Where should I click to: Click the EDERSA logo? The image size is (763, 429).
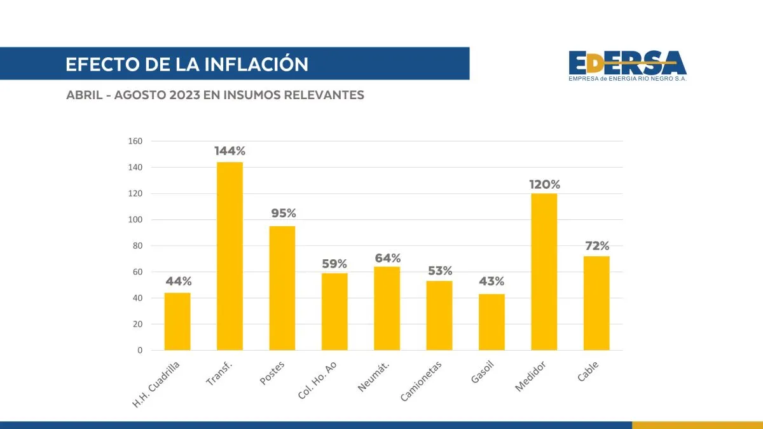(x=628, y=65)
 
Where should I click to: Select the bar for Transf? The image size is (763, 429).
(x=230, y=256)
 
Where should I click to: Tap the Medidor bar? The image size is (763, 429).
(x=544, y=271)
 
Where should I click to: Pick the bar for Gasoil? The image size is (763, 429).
(x=491, y=322)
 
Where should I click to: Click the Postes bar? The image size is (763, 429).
(x=282, y=288)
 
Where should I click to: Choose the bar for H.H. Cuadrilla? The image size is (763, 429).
(x=177, y=321)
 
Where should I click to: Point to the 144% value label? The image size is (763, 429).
(x=230, y=151)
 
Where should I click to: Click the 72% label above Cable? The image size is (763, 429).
(x=596, y=245)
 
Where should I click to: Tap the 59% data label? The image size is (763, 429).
(x=334, y=263)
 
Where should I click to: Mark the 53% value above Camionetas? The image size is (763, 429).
(x=439, y=271)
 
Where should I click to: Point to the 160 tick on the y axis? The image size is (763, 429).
(x=136, y=141)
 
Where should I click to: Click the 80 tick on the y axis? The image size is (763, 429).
(x=138, y=246)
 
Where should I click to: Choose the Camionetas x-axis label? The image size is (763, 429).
(x=421, y=381)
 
